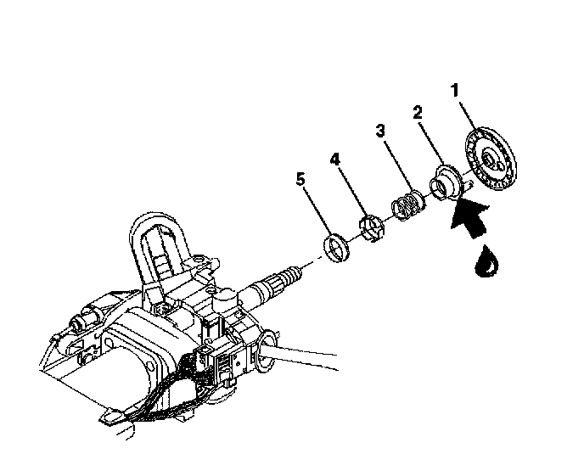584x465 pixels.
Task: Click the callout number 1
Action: click(x=454, y=91)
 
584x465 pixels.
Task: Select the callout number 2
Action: click(x=418, y=112)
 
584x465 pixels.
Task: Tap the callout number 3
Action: click(x=380, y=131)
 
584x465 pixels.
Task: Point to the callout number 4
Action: click(x=334, y=160)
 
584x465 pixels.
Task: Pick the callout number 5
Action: click(x=300, y=179)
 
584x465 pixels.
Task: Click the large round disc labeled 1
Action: click(x=490, y=160)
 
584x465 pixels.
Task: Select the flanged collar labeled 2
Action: click(x=444, y=182)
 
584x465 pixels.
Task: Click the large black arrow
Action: click(x=471, y=219)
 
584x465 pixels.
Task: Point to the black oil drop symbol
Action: click(x=486, y=261)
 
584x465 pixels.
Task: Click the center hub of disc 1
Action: click(x=489, y=160)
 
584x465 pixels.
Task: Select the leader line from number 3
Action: click(x=398, y=165)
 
